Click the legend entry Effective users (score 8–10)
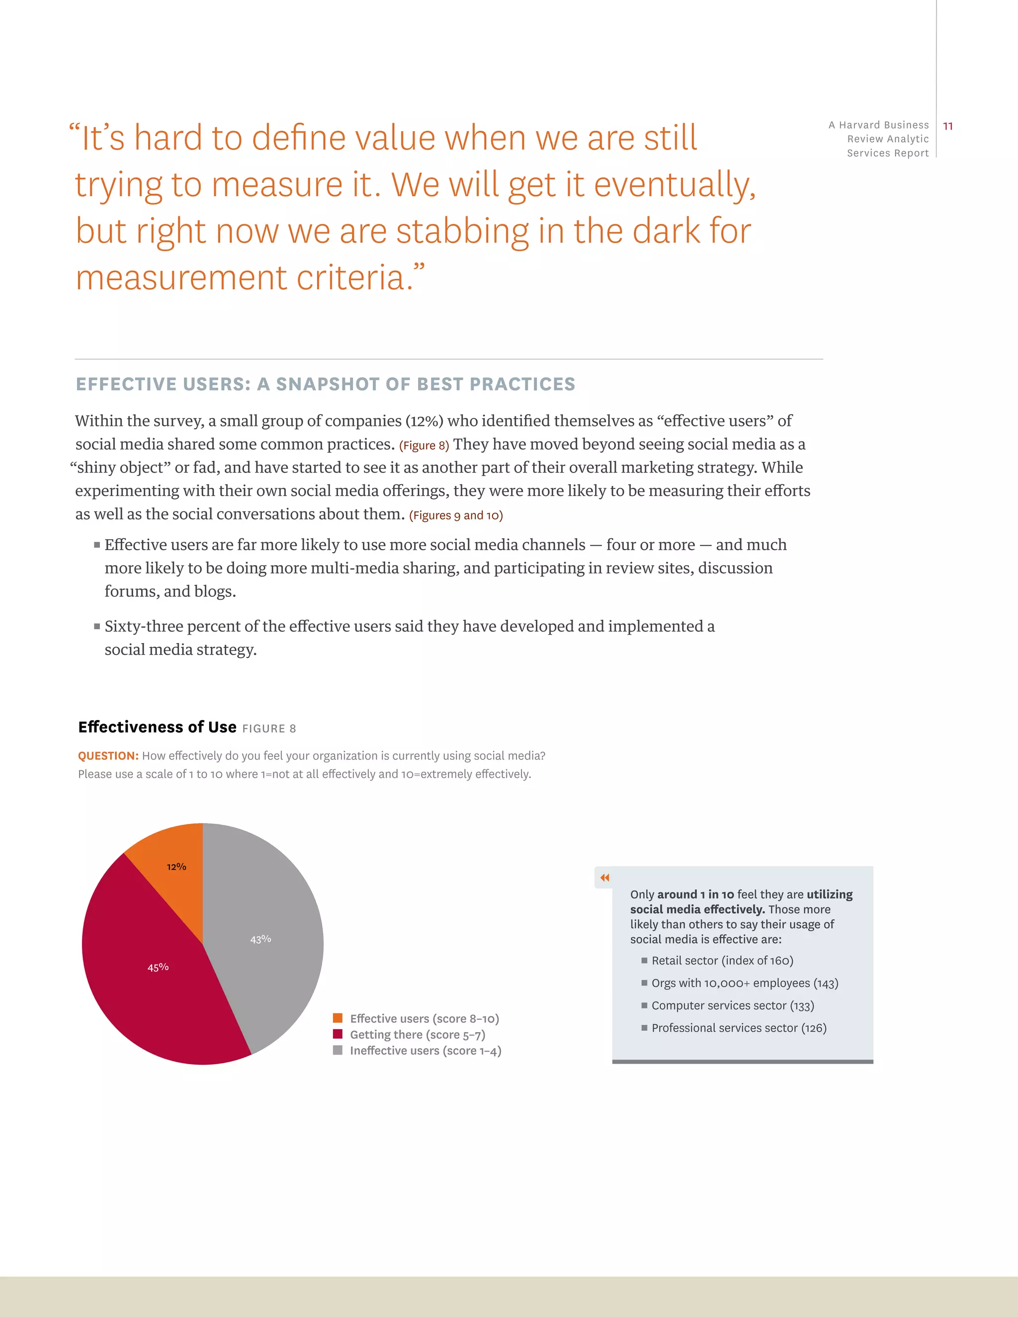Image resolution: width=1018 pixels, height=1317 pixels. click(x=424, y=1018)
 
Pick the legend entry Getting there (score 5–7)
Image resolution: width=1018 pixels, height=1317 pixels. click(x=418, y=1035)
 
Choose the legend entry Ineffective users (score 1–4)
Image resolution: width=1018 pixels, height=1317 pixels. click(x=425, y=1051)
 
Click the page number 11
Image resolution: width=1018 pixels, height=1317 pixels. click(x=948, y=126)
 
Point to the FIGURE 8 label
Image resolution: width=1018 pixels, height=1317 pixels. click(x=269, y=729)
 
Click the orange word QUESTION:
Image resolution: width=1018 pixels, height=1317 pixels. click(x=108, y=755)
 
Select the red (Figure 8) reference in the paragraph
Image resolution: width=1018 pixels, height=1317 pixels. click(x=424, y=446)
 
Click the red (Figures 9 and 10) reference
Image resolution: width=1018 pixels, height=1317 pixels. click(x=456, y=515)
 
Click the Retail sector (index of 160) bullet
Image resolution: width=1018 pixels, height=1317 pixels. click(x=722, y=961)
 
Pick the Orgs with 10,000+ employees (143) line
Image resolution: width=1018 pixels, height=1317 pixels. click(x=744, y=983)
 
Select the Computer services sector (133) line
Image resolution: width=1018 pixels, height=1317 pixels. click(x=732, y=1005)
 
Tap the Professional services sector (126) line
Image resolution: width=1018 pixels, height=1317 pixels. click(x=738, y=1028)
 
